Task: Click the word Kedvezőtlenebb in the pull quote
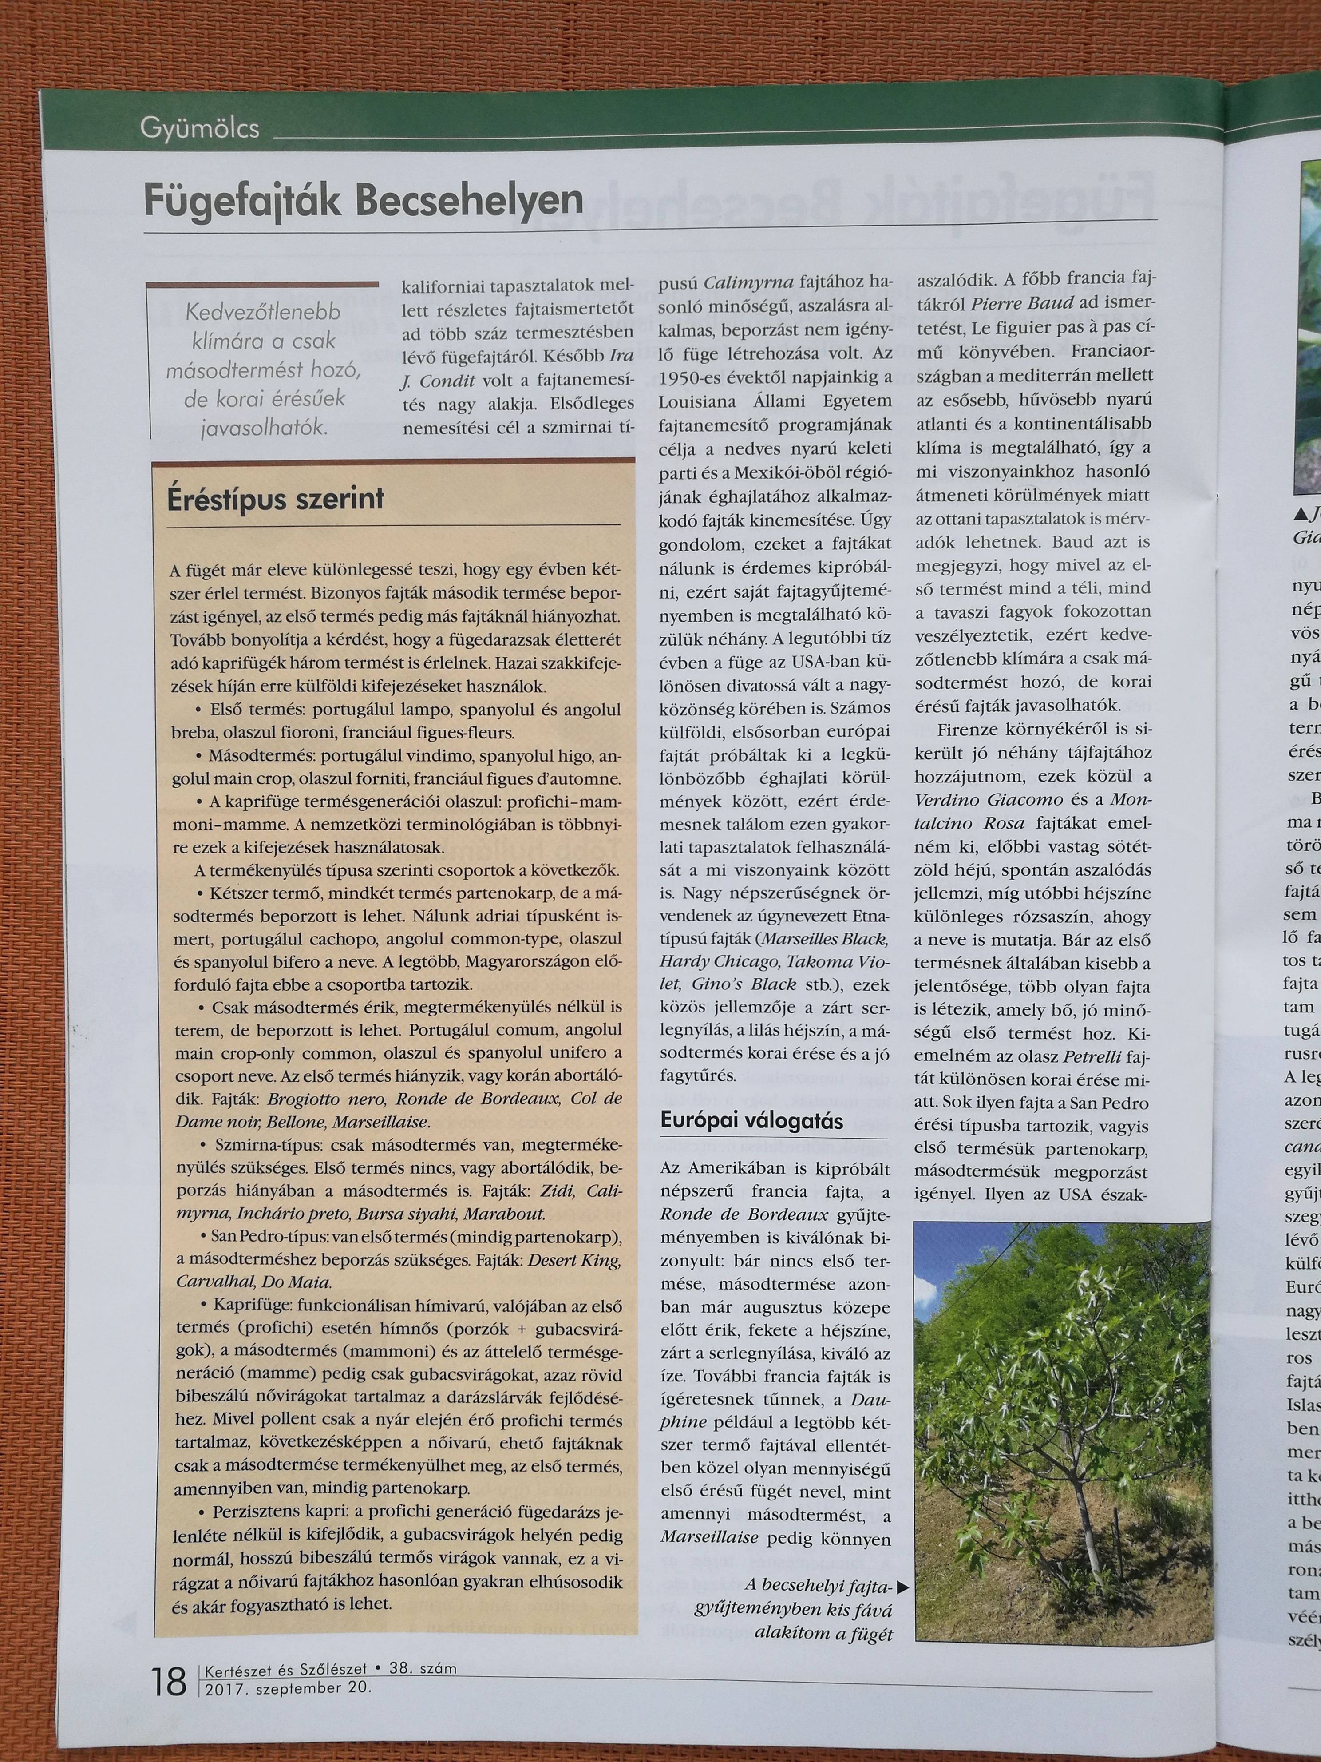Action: [263, 312]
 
